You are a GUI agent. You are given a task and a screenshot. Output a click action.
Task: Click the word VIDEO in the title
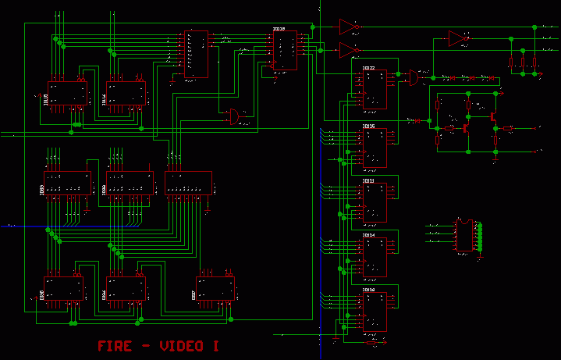[181, 346]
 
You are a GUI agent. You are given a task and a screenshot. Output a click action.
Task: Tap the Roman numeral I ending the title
[215, 346]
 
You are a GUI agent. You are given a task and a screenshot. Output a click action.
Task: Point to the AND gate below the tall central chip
[232, 117]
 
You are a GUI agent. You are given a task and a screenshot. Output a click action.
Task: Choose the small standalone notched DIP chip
[465, 234]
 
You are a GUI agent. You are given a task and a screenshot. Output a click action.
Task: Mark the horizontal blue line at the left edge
[23, 226]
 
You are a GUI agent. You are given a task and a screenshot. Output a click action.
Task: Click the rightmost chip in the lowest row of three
[215, 290]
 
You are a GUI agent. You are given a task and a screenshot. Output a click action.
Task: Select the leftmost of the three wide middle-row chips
[66, 188]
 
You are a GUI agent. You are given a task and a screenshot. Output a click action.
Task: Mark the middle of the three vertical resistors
[524, 62]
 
